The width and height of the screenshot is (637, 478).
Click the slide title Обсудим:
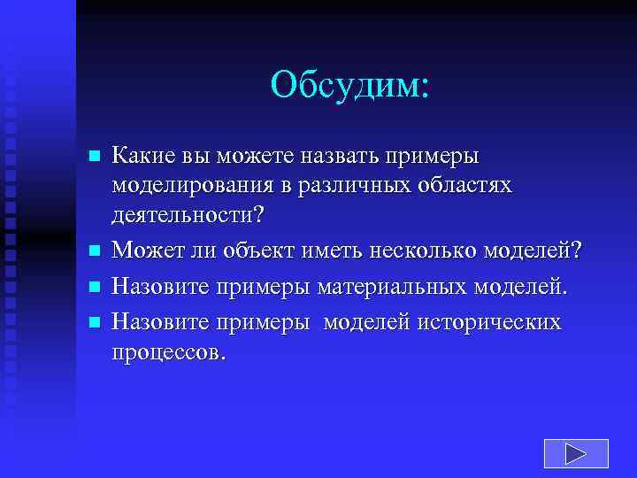click(349, 85)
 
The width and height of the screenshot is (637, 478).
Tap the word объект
click(259, 252)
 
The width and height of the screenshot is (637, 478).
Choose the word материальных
click(396, 287)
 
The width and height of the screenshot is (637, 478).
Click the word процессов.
click(168, 352)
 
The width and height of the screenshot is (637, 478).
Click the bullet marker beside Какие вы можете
click(96, 157)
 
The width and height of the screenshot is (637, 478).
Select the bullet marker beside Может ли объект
click(96, 252)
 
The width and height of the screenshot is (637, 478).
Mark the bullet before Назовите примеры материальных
click(96, 287)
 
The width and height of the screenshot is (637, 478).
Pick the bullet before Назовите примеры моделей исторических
click(96, 321)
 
